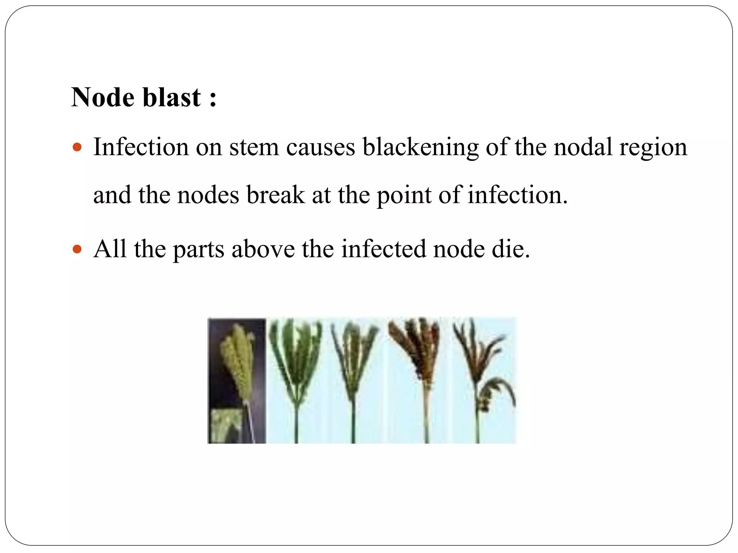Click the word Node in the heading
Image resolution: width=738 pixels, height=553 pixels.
click(103, 97)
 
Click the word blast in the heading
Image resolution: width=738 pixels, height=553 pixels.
click(172, 97)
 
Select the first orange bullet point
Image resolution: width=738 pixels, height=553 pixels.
click(77, 147)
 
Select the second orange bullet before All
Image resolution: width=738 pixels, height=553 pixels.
click(77, 249)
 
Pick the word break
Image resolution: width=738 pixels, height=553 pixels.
click(275, 195)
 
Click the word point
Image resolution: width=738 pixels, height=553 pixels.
click(404, 195)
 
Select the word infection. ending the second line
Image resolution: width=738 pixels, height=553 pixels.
click(517, 195)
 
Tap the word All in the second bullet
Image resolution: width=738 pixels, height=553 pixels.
click(110, 249)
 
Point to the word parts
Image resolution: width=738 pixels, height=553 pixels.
click(199, 249)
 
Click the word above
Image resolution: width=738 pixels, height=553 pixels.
click(263, 249)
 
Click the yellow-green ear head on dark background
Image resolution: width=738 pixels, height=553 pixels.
click(237, 360)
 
